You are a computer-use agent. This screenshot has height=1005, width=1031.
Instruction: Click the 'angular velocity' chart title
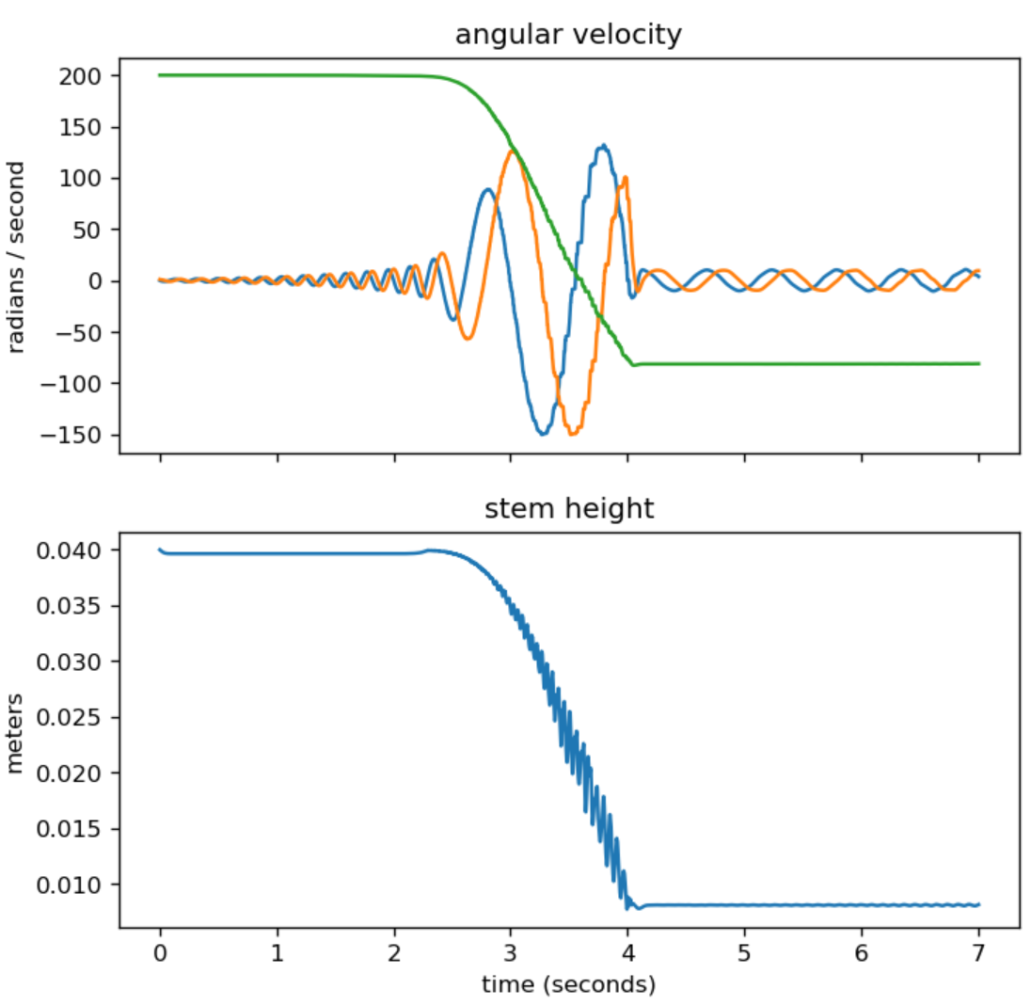tap(567, 36)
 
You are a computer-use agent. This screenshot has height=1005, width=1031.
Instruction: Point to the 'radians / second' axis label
tap(16, 257)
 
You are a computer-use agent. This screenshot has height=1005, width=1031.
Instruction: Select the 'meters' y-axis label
tap(16, 731)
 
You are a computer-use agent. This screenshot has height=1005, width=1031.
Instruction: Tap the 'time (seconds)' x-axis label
tap(567, 985)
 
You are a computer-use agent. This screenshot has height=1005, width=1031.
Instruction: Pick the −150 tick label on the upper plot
tap(80, 435)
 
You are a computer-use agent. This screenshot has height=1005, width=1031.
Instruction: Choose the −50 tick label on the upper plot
tap(85, 332)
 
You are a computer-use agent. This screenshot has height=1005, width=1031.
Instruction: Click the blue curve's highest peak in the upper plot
tap(603, 145)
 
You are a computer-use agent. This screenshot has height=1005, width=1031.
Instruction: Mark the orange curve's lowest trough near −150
tap(571, 434)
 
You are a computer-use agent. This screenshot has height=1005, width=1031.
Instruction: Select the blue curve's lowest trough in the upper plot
tap(542, 434)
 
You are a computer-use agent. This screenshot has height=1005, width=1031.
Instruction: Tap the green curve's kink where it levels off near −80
tap(635, 364)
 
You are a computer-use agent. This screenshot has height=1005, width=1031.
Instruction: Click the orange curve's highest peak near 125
tap(512, 151)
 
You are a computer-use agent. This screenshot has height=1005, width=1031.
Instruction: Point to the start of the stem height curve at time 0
tap(160, 550)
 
